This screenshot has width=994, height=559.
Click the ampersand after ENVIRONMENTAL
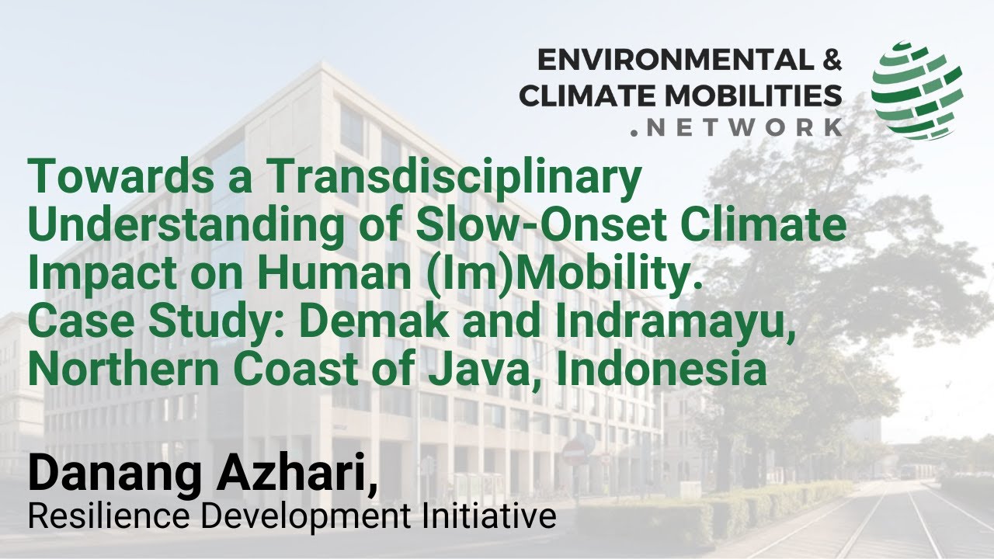827,60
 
